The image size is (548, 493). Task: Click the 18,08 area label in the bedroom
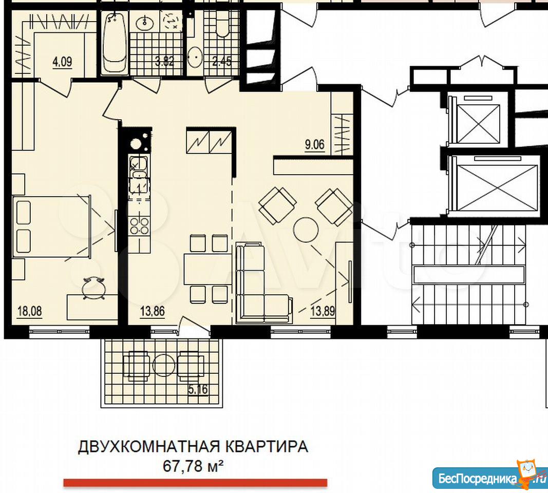pos(30,311)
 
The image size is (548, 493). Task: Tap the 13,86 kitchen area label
pos(153,311)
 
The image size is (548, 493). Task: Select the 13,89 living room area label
pos(323,311)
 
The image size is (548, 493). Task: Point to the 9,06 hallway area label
pos(314,144)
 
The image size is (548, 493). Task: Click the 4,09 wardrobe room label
pos(62,62)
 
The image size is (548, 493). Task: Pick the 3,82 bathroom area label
pos(164,62)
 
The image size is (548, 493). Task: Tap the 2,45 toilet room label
pos(222,62)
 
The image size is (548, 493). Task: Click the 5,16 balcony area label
pos(198,389)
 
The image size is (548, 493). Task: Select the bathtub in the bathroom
pos(115,43)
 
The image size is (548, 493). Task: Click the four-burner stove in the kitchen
pos(140,225)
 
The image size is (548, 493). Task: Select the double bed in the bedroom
pos(52,227)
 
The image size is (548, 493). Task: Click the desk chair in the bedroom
pos(93,288)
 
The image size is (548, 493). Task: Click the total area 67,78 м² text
pos(193,466)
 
